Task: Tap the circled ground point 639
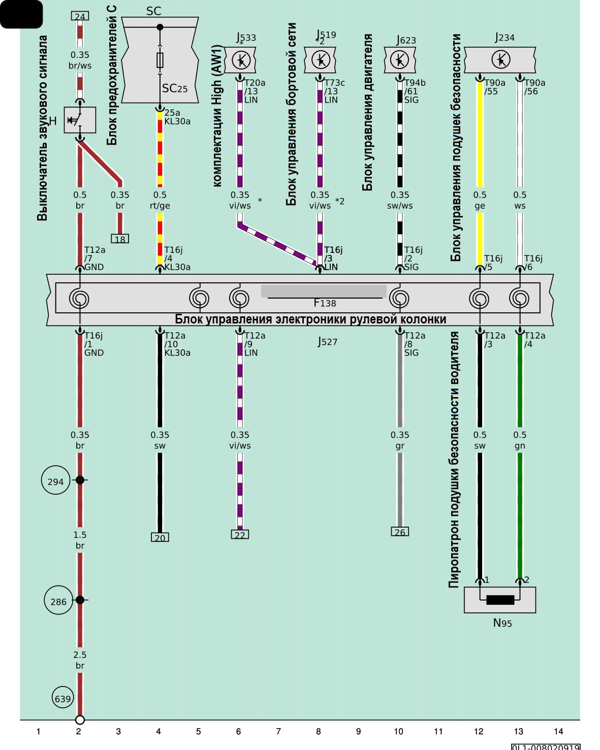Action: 63,698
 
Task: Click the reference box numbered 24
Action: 80,16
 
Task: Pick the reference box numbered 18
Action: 120,239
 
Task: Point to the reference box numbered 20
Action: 160,537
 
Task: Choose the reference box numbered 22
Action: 240,534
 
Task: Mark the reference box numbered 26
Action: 400,532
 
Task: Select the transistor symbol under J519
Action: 321,60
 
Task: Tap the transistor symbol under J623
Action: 400,60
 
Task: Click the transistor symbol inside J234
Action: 501,60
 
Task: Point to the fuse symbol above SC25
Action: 160,60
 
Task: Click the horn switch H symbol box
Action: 80,120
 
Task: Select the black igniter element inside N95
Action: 500,600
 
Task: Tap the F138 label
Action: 325,303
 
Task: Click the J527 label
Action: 327,342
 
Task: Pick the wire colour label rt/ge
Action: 160,206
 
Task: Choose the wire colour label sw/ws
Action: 400,206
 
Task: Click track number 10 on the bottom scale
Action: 398,732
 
